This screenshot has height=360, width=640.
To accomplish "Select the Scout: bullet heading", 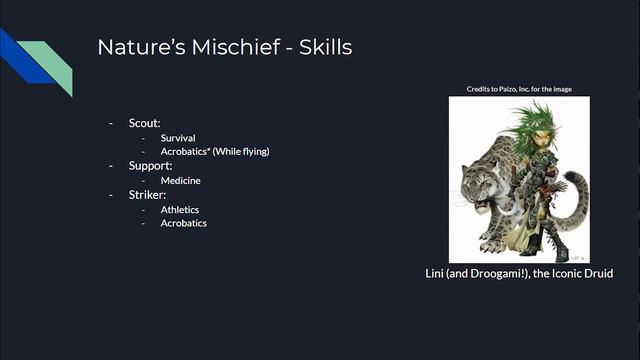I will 144,123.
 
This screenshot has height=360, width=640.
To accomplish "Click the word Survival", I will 178,137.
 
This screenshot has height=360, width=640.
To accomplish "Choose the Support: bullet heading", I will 150,165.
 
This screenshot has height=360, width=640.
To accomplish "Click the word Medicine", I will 180,180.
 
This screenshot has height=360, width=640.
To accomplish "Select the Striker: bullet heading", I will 148,194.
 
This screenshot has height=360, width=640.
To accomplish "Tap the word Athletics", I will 180,209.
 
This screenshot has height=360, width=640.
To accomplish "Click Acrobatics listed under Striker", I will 184,223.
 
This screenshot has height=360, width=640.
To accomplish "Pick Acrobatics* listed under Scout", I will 185,151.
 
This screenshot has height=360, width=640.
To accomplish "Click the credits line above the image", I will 519,89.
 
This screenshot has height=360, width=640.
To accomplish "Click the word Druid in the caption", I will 595,273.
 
